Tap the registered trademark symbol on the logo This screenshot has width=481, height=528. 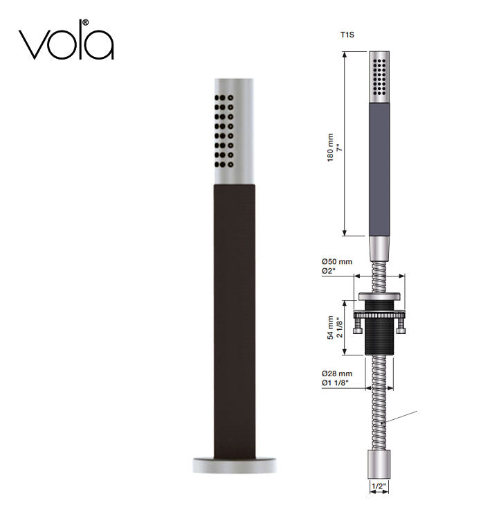tap(86, 23)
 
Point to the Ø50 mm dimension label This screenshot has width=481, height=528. tap(337, 261)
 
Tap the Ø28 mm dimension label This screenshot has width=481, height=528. tap(337, 374)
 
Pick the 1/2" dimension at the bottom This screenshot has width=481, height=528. tap(379, 487)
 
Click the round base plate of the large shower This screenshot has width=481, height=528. tap(234, 465)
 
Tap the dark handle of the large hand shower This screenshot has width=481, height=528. tap(234, 319)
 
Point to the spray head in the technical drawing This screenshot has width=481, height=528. tap(379, 76)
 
